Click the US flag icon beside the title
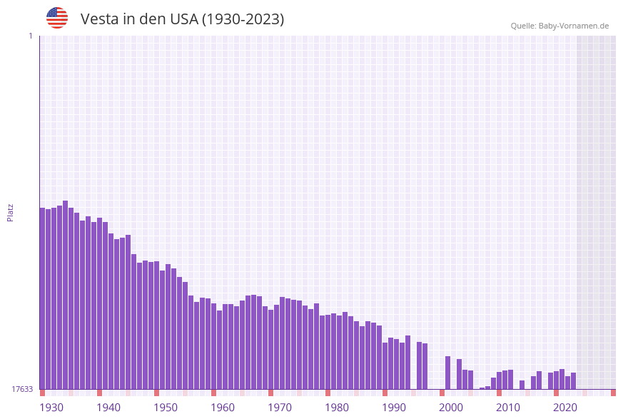point(57,18)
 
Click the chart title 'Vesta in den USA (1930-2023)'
point(182,19)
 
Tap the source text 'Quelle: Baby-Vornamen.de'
point(559,26)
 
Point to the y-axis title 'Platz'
point(10,212)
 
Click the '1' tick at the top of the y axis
point(30,36)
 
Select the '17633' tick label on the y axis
point(21,389)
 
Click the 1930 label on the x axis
point(51,408)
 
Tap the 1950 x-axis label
point(166,408)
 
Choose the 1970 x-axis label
point(280,408)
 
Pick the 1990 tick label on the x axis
point(394,408)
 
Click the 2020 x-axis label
point(565,408)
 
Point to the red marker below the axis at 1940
point(99,393)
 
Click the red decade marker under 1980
point(328,393)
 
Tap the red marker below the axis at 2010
point(499,393)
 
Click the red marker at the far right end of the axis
point(613,393)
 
